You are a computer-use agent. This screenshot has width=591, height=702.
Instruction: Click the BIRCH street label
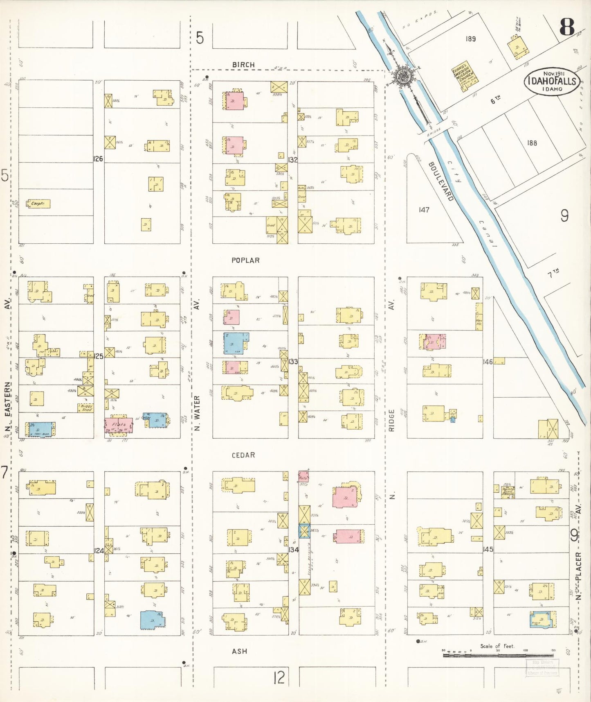coord(243,65)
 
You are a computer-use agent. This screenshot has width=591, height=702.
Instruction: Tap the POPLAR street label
coord(245,260)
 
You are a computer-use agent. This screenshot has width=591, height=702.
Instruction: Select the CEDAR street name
coord(243,455)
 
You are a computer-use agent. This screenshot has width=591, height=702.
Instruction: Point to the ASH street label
coord(239,651)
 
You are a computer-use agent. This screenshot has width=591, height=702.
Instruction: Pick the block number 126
coord(98,159)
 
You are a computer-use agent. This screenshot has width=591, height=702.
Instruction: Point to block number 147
coord(424,210)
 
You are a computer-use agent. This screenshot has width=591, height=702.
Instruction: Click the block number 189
coord(471,39)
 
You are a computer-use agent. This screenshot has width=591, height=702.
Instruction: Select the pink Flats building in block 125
coord(119,425)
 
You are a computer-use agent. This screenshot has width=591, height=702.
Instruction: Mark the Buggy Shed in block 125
coord(86,408)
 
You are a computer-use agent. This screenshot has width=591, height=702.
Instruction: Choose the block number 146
coord(488,362)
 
